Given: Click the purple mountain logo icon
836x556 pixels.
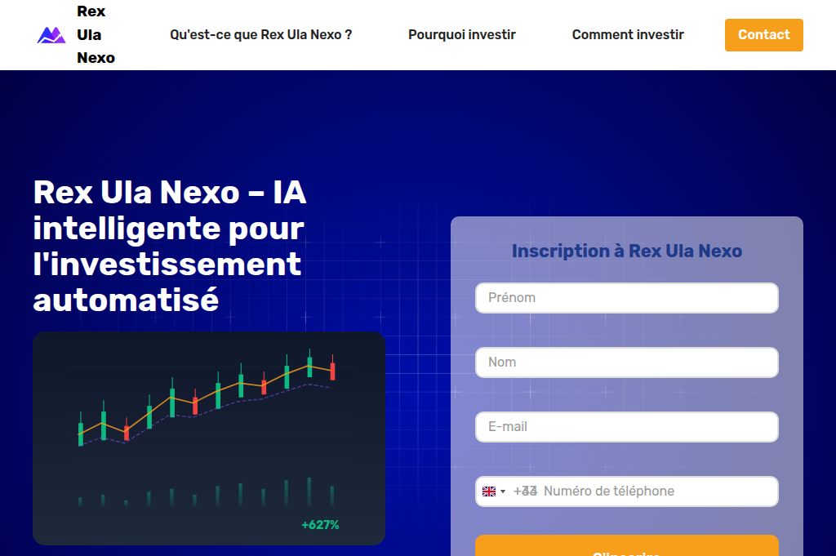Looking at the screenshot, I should click(51, 35).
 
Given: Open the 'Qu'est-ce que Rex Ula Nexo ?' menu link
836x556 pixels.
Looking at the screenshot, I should click(260, 35).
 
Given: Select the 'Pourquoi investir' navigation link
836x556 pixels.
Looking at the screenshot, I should click(461, 35).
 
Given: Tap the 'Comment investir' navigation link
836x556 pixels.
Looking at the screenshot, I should click(628, 35).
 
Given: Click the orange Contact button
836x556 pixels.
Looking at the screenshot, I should click(763, 35).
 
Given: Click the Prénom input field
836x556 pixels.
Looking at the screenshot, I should click(626, 298).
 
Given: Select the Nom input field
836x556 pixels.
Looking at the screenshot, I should click(626, 363).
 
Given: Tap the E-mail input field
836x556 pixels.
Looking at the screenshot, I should click(626, 427).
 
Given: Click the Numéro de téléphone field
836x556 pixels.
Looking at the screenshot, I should click(653, 492).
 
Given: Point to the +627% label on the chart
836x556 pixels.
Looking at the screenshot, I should click(320, 525).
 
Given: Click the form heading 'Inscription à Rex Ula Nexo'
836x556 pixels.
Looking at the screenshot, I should click(626, 251).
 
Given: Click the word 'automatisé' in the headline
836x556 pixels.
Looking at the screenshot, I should click(126, 300).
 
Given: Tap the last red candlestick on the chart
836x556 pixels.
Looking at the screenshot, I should click(333, 371).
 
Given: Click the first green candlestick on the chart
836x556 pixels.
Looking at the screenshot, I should click(80, 433).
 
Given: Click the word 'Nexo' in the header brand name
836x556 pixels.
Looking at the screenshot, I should click(96, 58).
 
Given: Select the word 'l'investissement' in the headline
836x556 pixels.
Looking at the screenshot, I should click(167, 264).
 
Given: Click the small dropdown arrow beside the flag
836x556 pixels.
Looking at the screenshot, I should click(503, 492).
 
